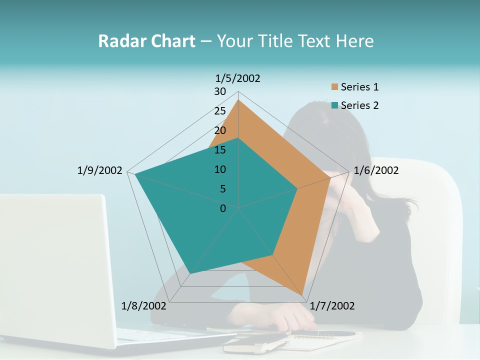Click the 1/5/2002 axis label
point(237,78)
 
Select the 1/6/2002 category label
point(376,170)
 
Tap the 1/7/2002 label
point(332,305)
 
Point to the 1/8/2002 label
point(144,305)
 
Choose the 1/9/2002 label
point(99,170)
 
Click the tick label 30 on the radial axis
point(220,91)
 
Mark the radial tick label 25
point(220,111)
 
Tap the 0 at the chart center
point(223,208)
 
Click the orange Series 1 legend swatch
point(334,87)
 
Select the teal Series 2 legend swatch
point(334,105)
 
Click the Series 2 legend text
point(359,105)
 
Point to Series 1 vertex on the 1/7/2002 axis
point(303,295)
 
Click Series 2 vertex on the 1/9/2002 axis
point(135,174)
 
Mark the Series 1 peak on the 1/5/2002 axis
point(238,99)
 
